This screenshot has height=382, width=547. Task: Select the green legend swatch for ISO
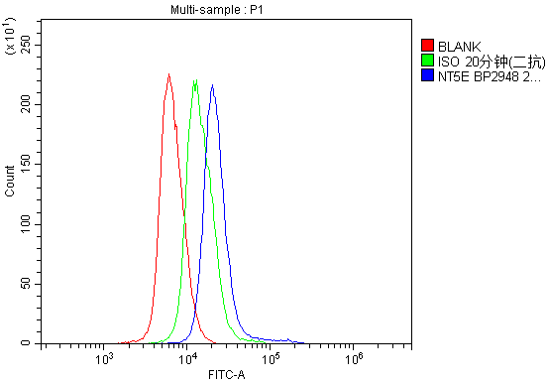(x=427, y=61)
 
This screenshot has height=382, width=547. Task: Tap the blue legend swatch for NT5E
(x=427, y=74)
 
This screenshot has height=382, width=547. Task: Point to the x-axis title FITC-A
(x=227, y=374)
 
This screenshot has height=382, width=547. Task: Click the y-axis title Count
(x=10, y=181)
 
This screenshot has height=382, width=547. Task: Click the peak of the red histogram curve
(x=168, y=74)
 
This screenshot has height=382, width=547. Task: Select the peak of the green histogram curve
(x=196, y=80)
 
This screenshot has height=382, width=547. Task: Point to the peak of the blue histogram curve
(x=212, y=85)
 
